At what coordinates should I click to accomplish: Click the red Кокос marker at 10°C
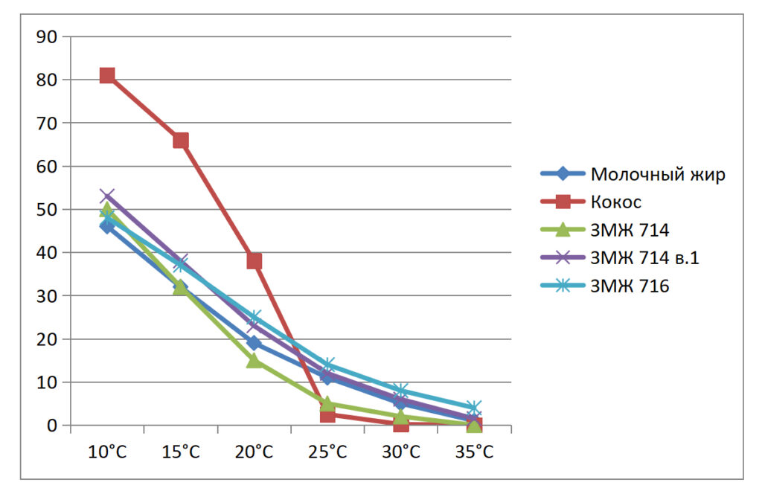[107, 75]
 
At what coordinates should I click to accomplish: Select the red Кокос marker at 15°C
[181, 141]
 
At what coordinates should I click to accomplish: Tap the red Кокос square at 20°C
[254, 261]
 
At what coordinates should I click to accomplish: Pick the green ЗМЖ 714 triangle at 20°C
[254, 360]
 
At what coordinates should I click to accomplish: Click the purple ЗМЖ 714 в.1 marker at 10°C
[107, 196]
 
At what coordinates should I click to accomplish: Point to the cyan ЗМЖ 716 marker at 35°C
[475, 408]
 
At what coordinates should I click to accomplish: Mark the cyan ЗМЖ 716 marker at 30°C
[401, 391]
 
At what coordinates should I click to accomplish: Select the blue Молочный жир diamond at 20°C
[254, 343]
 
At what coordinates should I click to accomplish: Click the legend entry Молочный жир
[657, 174]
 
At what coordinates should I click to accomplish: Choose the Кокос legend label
[615, 202]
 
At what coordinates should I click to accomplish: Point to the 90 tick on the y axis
[50, 36]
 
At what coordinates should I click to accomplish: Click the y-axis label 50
[50, 210]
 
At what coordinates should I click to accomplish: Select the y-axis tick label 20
[50, 339]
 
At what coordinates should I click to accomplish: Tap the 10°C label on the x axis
[107, 452]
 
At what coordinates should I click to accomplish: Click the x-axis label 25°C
[327, 452]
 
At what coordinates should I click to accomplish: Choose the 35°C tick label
[475, 452]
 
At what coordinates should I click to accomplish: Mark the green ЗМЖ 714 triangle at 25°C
[327, 404]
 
